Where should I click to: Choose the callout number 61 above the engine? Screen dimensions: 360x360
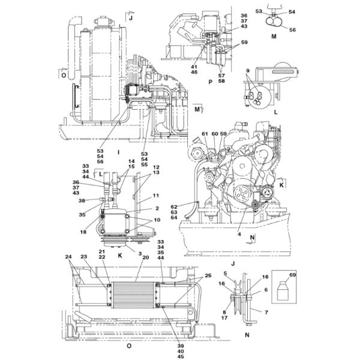point(204,133)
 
